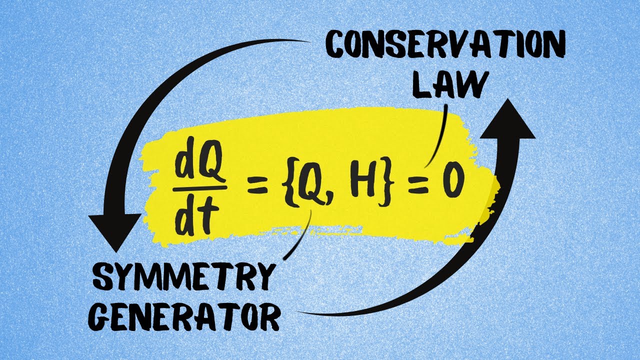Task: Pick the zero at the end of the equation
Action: click(x=452, y=183)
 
